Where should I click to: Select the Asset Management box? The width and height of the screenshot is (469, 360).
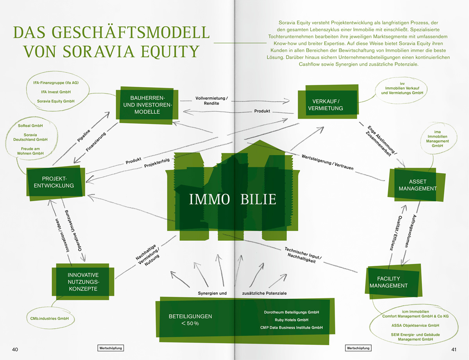tap(417, 185)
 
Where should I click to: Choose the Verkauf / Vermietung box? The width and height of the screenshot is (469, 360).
tap(325, 104)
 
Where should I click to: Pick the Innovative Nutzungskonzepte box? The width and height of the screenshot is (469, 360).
tap(82, 282)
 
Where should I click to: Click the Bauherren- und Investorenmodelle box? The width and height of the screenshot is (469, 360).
tap(146, 104)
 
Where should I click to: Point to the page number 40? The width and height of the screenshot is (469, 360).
tap(16, 349)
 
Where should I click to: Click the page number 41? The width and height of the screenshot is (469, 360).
tap(453, 349)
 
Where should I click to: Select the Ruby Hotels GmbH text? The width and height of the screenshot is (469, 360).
tap(292, 320)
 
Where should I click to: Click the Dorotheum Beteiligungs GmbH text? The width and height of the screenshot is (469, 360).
tap(292, 312)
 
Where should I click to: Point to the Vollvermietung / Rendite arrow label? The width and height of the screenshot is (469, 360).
tap(211, 100)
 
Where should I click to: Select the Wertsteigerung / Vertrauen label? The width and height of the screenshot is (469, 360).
tap(328, 162)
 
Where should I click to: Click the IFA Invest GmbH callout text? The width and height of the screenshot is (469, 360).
tap(56, 92)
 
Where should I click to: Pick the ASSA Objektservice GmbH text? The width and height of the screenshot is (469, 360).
tap(415, 325)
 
